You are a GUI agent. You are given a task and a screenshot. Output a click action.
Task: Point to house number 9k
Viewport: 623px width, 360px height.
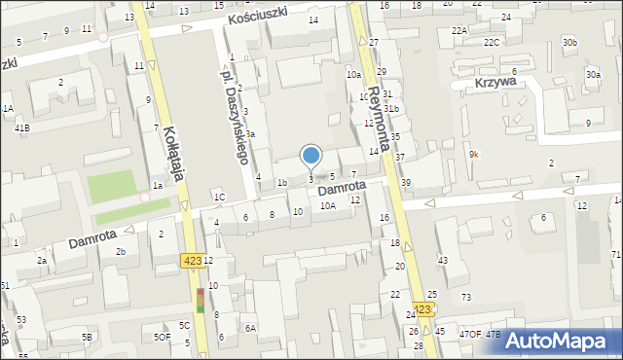[474, 156]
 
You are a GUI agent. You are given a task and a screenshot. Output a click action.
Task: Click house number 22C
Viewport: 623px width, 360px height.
[493, 42]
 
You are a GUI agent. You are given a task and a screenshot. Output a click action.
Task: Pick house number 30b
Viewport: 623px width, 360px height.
[569, 43]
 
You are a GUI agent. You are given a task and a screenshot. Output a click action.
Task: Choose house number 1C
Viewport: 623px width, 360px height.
[219, 198]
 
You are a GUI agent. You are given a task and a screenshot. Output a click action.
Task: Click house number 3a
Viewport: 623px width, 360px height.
[250, 134]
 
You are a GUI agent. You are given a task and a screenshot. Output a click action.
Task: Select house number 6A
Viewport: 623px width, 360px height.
[250, 329]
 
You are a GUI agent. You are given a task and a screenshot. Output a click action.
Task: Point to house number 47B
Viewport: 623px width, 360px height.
[494, 335]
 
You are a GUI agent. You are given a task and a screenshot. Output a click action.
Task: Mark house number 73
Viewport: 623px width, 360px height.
[466, 296]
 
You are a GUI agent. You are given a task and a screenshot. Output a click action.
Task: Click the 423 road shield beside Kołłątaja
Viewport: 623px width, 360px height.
[191, 261]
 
